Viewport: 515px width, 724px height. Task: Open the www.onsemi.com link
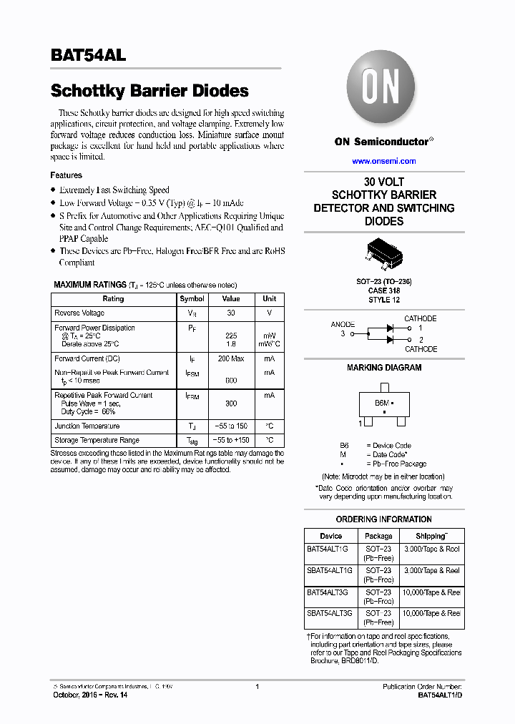tap(383, 162)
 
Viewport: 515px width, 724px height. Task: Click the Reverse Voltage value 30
tap(230, 313)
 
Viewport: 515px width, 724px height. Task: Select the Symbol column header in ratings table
tap(192, 299)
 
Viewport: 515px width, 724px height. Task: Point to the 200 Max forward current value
tap(230, 358)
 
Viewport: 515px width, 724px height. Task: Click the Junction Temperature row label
tap(87, 426)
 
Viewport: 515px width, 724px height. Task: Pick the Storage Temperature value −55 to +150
tap(230, 441)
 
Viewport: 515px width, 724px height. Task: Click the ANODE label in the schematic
tap(343, 324)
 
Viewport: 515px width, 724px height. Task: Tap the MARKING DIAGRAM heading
tap(383, 368)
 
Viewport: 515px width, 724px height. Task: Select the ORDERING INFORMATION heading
tap(383, 519)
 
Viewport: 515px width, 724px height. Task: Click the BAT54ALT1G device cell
tap(328, 549)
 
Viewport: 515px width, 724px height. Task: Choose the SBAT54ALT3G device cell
tap(329, 614)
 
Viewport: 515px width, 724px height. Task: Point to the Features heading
tap(66, 175)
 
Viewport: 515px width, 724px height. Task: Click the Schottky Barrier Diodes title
tap(149, 91)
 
